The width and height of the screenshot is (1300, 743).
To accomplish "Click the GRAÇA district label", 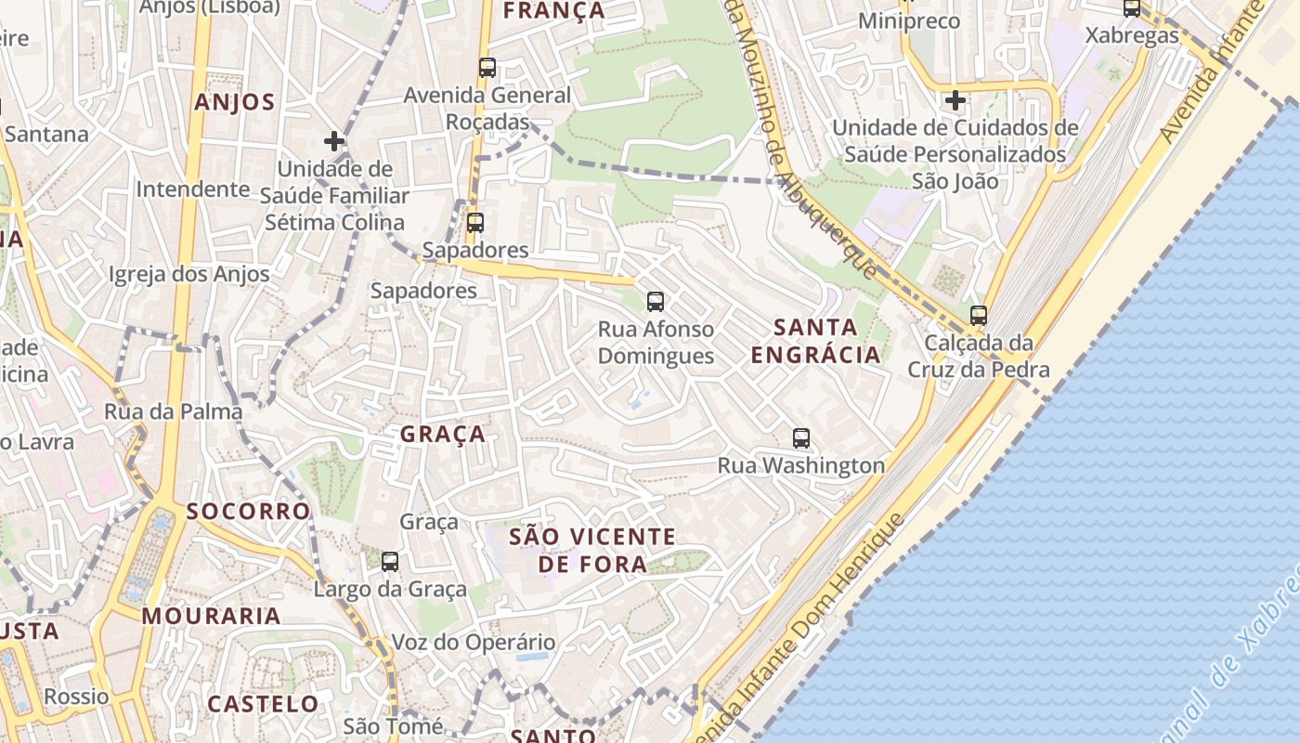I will [x=443, y=434].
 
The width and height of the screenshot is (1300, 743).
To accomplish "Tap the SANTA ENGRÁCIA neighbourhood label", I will [x=815, y=341].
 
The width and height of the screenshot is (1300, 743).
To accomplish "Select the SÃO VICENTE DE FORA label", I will [x=592, y=550].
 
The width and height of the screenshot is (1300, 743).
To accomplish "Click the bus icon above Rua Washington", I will [x=801, y=438].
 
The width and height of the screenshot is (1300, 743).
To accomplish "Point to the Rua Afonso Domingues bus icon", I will [x=656, y=301].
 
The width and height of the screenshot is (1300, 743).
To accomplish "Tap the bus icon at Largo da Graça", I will [x=390, y=561].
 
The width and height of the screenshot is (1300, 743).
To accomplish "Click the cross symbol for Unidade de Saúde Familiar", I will [x=334, y=141].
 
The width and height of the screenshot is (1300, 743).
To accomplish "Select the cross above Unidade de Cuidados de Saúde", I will [x=955, y=99].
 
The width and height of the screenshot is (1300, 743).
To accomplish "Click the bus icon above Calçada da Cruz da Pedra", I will [x=978, y=315].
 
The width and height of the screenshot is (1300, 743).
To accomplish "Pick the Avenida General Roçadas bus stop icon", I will [x=487, y=67].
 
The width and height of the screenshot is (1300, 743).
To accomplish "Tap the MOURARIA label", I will [x=211, y=616].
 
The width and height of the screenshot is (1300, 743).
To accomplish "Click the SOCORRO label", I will [x=248, y=511].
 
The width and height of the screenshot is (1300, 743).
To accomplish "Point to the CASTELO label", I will [x=263, y=704].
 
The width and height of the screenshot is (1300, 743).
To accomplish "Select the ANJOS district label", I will [x=235, y=102].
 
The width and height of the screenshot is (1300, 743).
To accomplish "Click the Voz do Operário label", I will [x=474, y=643].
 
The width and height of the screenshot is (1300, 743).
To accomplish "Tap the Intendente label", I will [x=193, y=189].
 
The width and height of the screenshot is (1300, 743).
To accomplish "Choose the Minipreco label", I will [x=909, y=20].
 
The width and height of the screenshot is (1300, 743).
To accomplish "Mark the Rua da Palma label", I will [x=174, y=411].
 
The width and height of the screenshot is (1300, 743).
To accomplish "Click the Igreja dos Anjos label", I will [x=189, y=274].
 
